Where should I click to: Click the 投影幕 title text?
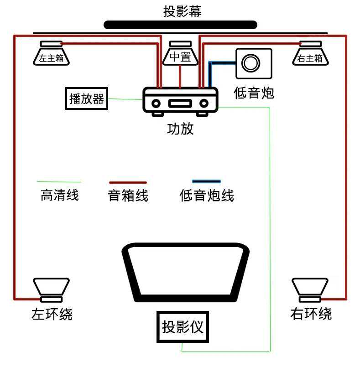pyautogui.click(x=182, y=11)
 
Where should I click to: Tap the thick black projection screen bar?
pyautogui.click(x=181, y=25)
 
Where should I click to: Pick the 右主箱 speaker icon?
pyautogui.click(x=310, y=53)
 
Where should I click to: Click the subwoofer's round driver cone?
pyautogui.click(x=251, y=62)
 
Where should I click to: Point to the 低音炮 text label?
pyautogui.click(x=254, y=93)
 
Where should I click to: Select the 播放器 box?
pyautogui.click(x=87, y=98)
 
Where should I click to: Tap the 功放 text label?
pyautogui.click(x=181, y=129)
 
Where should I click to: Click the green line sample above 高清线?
pyautogui.click(x=59, y=182)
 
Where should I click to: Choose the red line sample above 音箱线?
pyautogui.click(x=128, y=182)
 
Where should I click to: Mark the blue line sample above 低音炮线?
pyautogui.click(x=206, y=181)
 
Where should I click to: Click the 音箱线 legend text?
pyautogui.click(x=128, y=196)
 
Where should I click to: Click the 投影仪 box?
pyautogui.click(x=182, y=326)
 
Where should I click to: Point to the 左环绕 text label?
pyautogui.click(x=52, y=314)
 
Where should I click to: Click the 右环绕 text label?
pyautogui.click(x=311, y=314)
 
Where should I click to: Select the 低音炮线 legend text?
pyautogui.click(x=207, y=196)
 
